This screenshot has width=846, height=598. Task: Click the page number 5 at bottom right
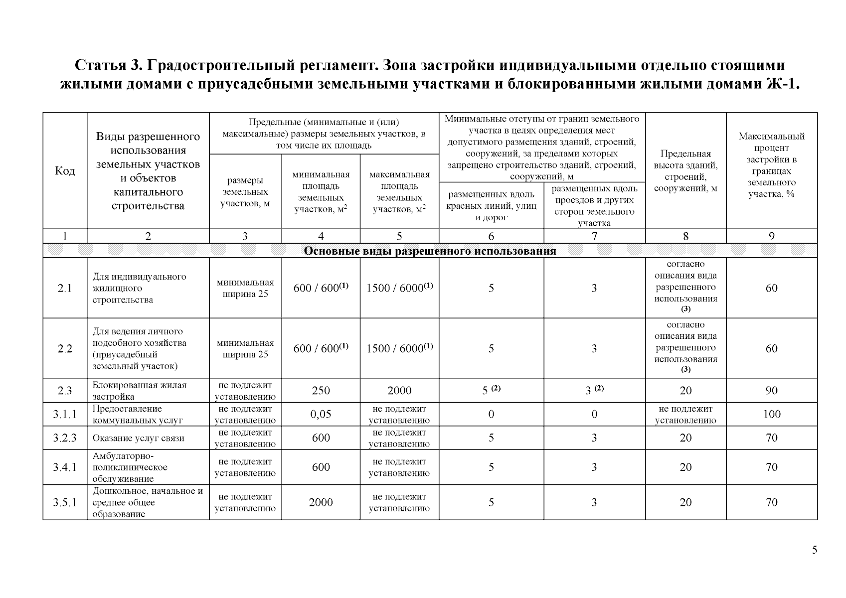coord(814,550)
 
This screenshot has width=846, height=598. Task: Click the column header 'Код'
coord(65,171)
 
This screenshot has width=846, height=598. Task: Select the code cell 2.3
coord(65,391)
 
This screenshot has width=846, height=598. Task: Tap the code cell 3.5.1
coord(65,502)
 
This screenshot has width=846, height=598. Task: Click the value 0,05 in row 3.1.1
coord(321,414)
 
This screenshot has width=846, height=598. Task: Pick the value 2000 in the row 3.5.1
coord(321,502)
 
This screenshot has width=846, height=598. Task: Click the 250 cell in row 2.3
coord(321,391)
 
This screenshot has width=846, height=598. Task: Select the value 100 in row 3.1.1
coord(771,414)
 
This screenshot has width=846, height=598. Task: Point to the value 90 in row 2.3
coord(771,391)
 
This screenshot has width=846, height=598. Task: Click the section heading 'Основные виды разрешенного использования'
coord(430,251)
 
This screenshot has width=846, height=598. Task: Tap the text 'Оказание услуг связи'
coord(138,439)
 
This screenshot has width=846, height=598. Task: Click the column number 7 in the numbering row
coord(594,237)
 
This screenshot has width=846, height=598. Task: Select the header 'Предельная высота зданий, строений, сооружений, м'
coord(685,171)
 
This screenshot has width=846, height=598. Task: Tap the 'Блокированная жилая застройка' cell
coord(139,391)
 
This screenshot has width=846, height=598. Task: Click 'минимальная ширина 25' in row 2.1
coord(245,288)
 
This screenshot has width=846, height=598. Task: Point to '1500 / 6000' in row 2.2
coord(399,348)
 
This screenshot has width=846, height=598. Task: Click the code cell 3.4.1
coord(65,467)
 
